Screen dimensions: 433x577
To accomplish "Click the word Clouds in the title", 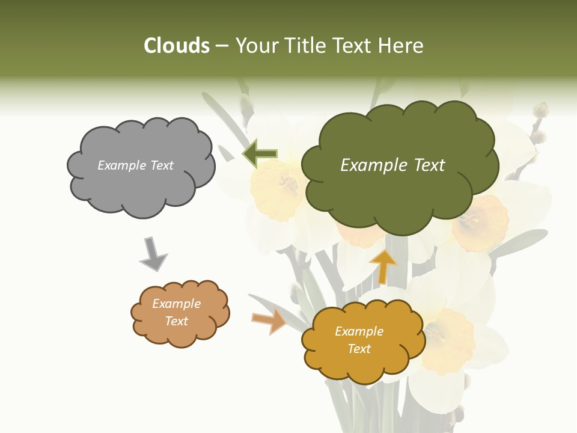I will coord(177,46).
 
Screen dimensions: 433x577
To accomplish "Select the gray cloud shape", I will coord(141,186).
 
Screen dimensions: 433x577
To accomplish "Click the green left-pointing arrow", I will coord(260,154).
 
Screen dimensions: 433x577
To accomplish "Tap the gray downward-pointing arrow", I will coord(153,254).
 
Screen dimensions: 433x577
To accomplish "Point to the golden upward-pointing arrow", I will coord(383,266).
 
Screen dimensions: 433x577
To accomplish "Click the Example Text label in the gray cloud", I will coord(135,165).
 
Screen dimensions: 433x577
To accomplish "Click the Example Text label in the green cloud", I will coord(392,165).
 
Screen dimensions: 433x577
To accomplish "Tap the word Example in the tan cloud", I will coord(176,304).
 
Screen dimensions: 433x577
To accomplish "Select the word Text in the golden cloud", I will coord(359,349).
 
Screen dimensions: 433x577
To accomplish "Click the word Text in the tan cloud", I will coord(176,321).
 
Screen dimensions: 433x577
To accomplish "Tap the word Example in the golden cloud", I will coord(359,331).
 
